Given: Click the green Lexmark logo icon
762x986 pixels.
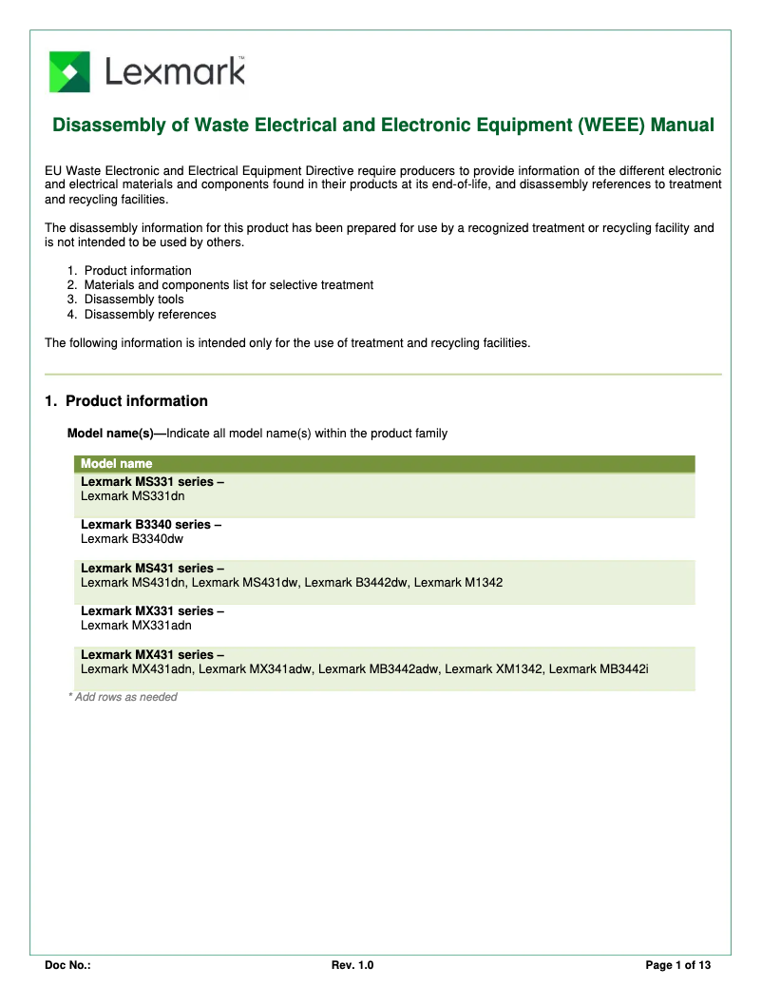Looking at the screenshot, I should [x=69, y=72].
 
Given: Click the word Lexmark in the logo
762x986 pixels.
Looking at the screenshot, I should [x=175, y=72].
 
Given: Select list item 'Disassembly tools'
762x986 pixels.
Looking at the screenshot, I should [x=134, y=300].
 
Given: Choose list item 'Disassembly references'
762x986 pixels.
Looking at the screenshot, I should [x=150, y=315].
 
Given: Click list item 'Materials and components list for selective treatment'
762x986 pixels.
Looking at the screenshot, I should [x=228, y=285].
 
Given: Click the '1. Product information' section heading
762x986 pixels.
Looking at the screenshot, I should [x=126, y=401].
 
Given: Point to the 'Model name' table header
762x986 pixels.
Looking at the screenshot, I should [x=117, y=464].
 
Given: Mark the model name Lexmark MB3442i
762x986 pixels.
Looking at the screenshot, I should [x=599, y=669].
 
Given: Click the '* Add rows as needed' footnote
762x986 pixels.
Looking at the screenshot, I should [x=123, y=697].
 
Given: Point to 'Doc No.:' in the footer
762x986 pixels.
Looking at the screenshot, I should [x=67, y=966].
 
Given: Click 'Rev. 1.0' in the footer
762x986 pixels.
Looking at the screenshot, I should [x=352, y=966].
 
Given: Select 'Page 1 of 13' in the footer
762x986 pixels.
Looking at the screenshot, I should [x=678, y=966].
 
